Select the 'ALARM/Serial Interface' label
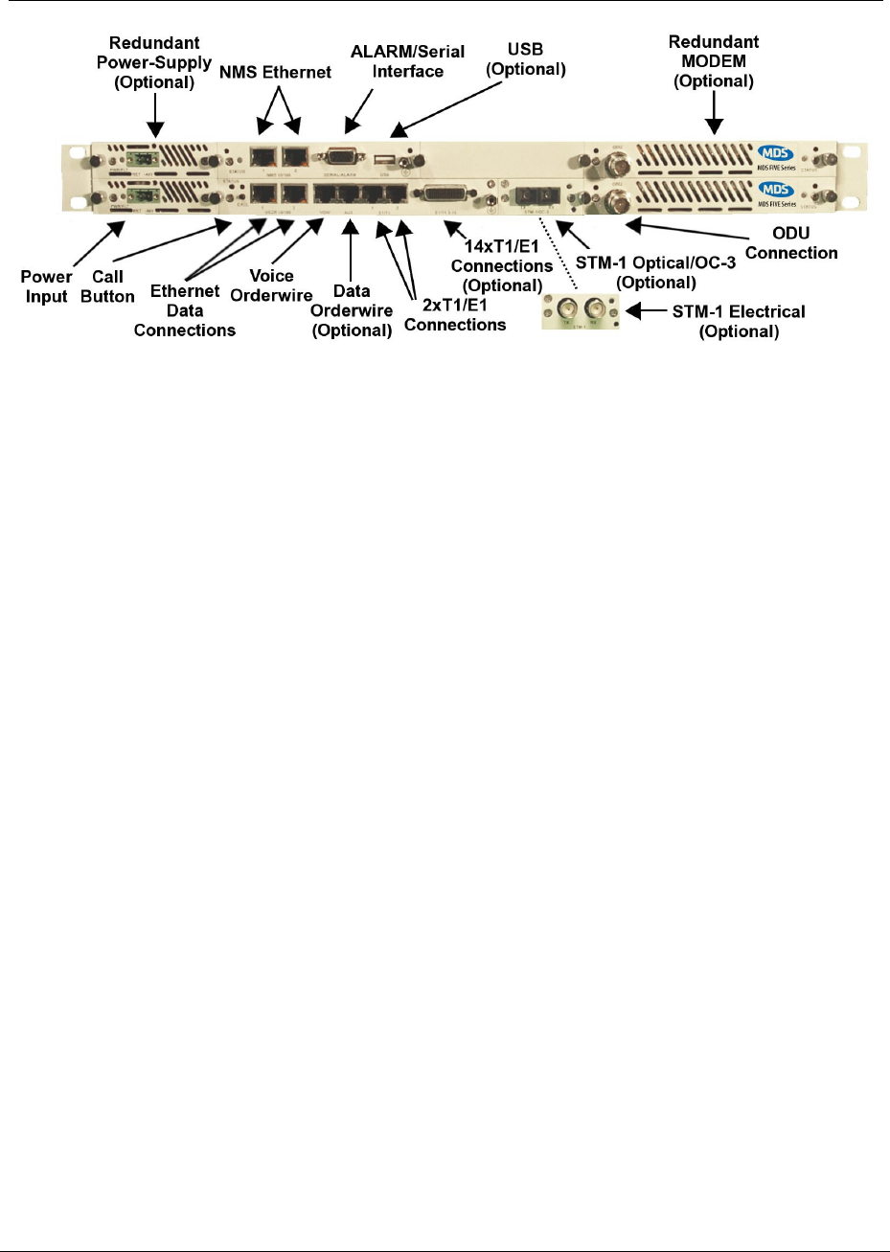coord(408,61)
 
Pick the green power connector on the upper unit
coord(125,159)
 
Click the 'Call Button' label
coord(107,286)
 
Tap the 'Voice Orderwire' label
coord(271,285)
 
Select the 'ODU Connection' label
coord(791,243)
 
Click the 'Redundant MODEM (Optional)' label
coord(714,61)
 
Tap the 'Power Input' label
coord(46,286)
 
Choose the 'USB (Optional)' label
coord(526,58)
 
